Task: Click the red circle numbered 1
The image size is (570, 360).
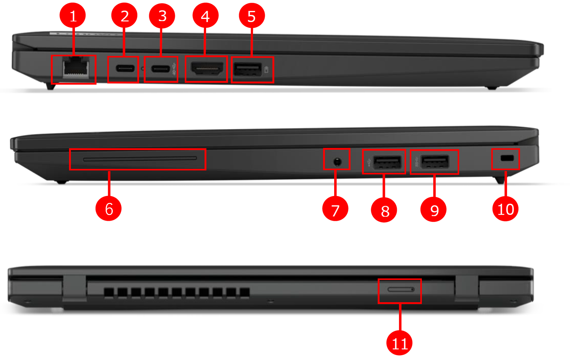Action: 73,16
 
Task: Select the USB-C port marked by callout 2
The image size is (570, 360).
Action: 125,68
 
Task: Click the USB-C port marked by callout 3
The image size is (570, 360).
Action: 161,69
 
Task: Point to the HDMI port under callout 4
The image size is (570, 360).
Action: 207,68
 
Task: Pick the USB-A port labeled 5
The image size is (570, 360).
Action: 248,69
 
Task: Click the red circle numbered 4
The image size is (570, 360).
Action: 205,16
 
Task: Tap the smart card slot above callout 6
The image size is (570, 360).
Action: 140,159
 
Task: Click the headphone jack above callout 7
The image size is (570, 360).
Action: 337,161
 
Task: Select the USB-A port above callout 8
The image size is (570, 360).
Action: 387,162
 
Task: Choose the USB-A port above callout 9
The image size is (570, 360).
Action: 435,162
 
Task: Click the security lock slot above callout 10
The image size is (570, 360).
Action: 507,158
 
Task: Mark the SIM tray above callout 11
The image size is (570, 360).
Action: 401,289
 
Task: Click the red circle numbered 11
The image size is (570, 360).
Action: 399,343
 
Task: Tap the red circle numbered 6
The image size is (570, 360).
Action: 108,208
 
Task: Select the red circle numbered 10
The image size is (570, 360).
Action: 505,209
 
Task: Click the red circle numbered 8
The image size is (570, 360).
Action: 384,210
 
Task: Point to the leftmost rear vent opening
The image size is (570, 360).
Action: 109,293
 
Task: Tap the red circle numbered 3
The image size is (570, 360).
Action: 162,16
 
